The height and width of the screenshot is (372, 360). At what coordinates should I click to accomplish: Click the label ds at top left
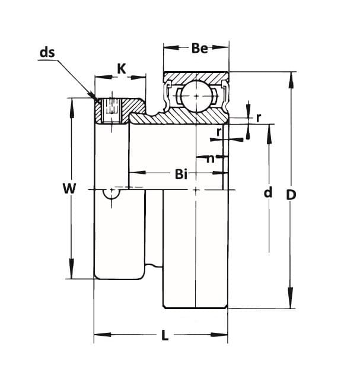click(47, 53)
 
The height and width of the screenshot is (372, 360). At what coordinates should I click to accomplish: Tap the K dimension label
click(122, 68)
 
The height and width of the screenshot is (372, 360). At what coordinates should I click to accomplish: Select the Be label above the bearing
click(199, 48)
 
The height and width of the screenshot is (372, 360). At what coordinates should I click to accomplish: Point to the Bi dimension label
click(181, 174)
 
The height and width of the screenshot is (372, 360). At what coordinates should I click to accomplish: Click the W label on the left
click(69, 189)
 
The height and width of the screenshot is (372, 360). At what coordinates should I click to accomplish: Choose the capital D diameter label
click(291, 194)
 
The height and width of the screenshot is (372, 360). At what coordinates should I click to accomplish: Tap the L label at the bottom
click(165, 336)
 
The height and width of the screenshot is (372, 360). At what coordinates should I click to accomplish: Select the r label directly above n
click(219, 132)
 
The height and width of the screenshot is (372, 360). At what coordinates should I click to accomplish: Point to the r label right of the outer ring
click(259, 117)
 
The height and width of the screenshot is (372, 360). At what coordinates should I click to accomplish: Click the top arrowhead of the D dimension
click(291, 77)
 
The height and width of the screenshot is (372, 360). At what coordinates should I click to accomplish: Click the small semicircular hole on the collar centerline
click(110, 193)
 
